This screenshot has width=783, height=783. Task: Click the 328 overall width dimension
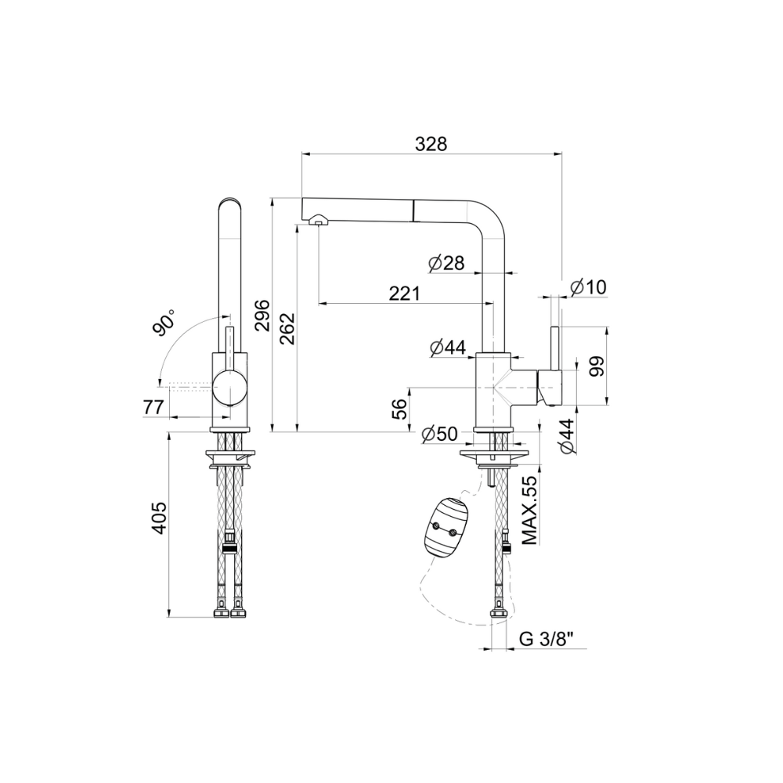(431, 144)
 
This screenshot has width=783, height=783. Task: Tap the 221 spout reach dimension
(405, 293)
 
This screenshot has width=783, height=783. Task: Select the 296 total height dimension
(262, 315)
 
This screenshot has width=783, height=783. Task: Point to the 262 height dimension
(287, 328)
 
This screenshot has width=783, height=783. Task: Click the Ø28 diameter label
(446, 262)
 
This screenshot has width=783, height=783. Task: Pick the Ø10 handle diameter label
(588, 287)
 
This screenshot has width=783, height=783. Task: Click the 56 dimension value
(399, 409)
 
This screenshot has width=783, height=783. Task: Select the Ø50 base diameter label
(439, 434)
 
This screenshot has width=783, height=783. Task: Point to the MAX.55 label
(529, 510)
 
